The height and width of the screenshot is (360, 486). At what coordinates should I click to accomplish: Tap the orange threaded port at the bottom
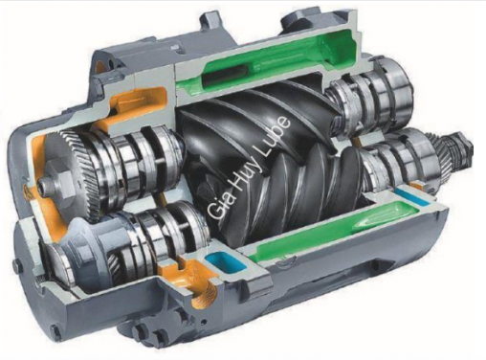click(204, 291)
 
